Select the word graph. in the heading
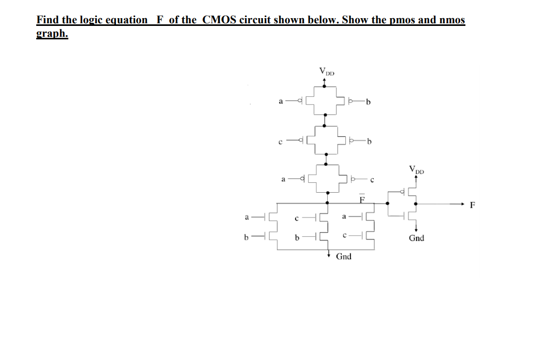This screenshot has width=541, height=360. (52, 34)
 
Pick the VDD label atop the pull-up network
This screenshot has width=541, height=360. (327, 71)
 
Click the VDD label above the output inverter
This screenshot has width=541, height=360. (416, 169)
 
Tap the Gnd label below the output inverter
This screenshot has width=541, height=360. (416, 238)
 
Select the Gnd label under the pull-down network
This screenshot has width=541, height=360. (343, 256)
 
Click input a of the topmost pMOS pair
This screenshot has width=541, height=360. (281, 102)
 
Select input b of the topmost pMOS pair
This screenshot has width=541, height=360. (368, 102)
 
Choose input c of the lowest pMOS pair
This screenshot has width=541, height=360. (372, 180)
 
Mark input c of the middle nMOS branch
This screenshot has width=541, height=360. (297, 219)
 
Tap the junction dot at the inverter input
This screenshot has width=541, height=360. (387, 204)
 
